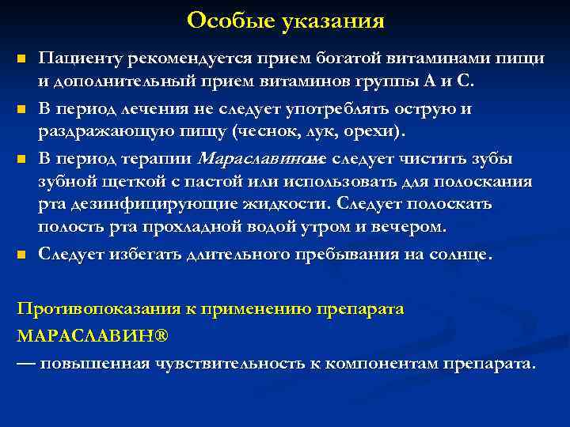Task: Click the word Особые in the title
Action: point(230,21)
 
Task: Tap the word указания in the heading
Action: point(332,21)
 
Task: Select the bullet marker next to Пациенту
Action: point(21,60)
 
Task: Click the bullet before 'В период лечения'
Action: point(21,109)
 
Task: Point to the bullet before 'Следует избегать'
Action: point(21,255)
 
